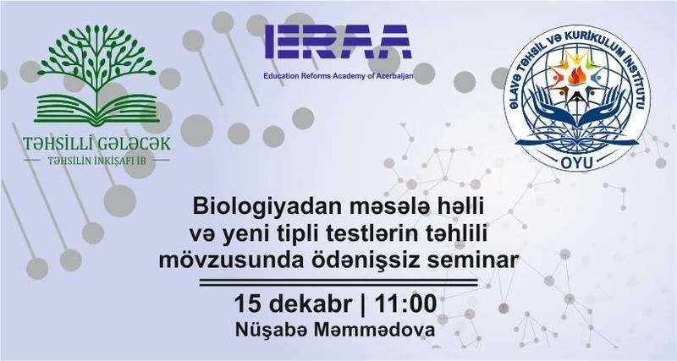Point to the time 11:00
point(405,304)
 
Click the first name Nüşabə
point(272,331)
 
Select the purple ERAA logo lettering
point(338,41)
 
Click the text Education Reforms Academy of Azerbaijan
point(338,76)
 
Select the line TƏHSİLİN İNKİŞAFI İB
point(96,161)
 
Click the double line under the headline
point(338,282)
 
